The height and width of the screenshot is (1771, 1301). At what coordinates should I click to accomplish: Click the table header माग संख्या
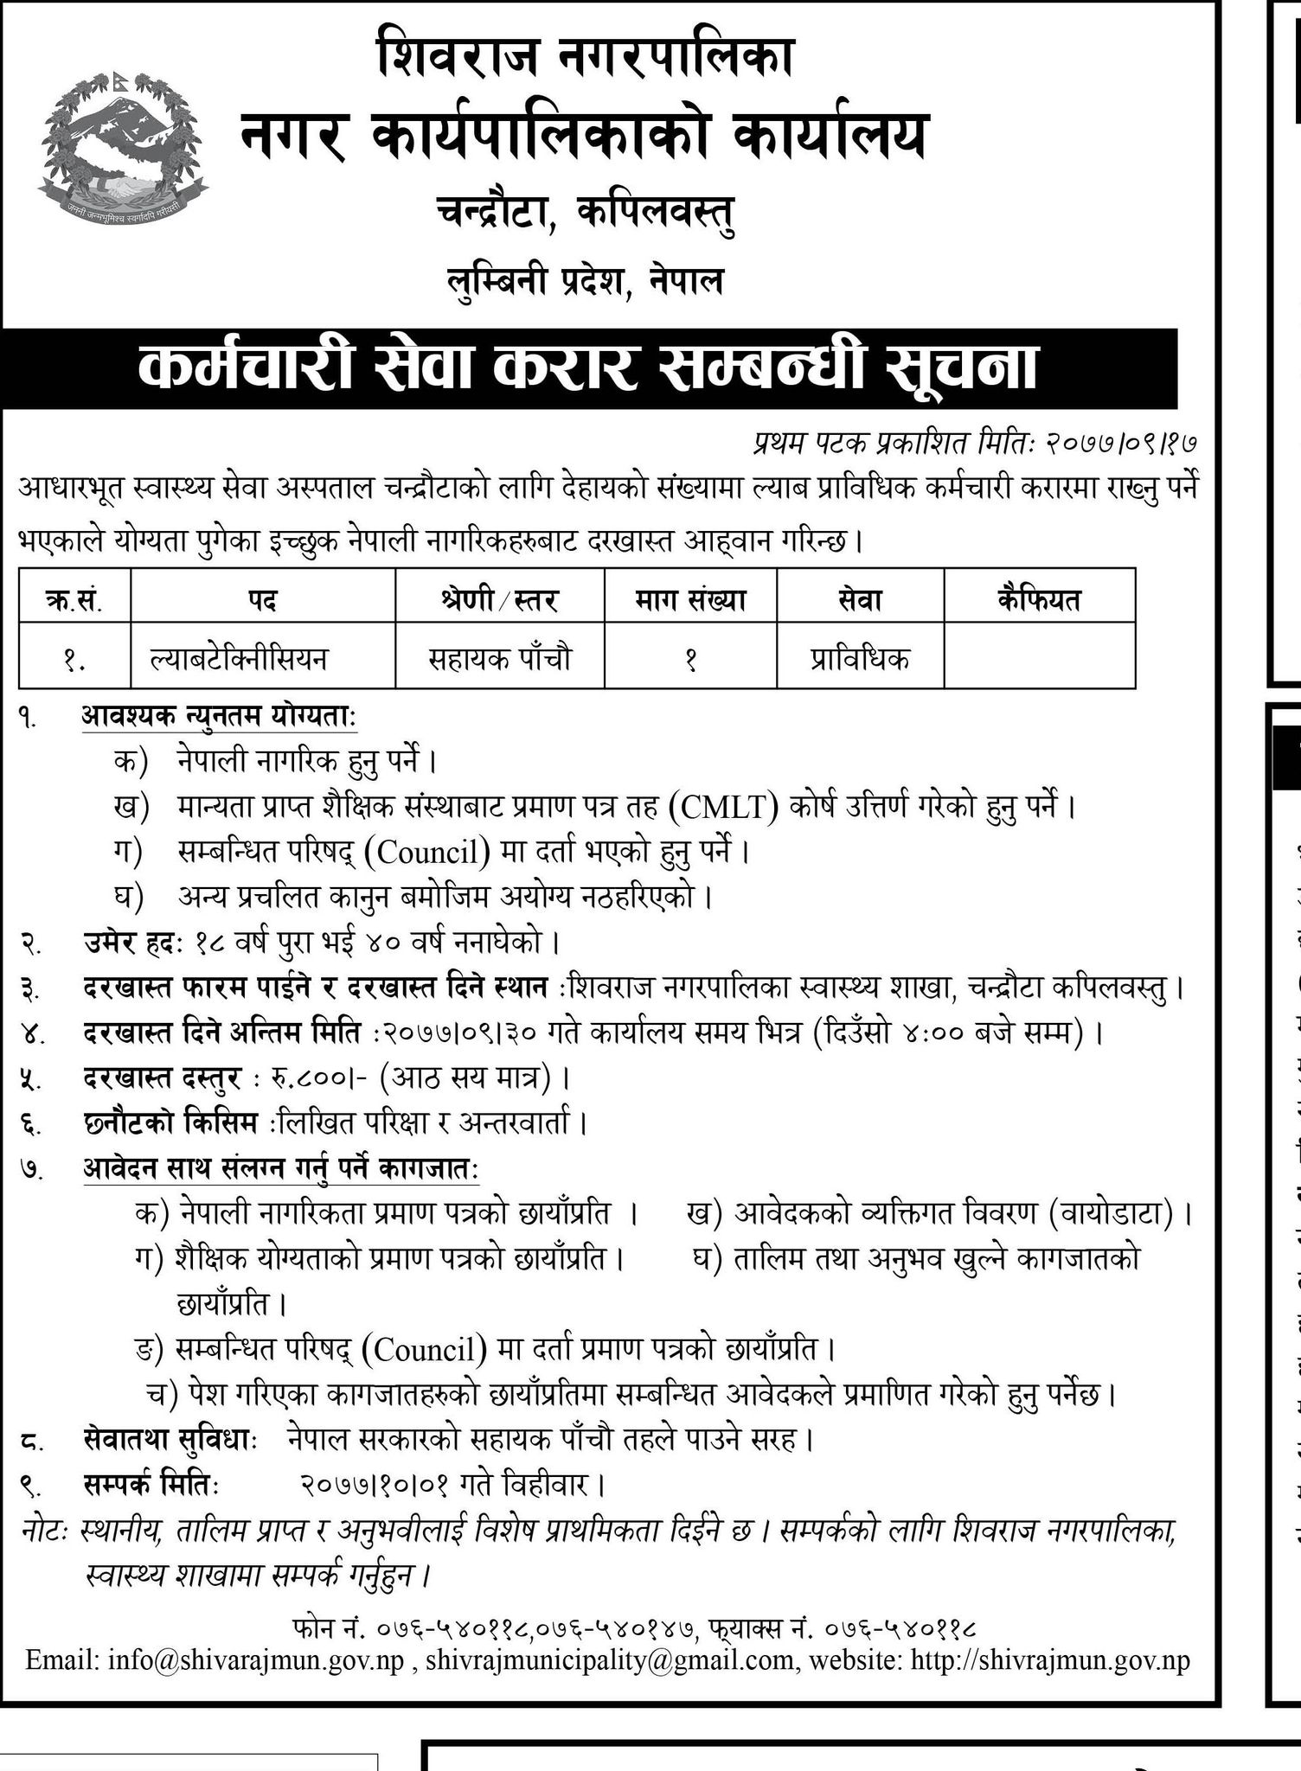[x=689, y=599]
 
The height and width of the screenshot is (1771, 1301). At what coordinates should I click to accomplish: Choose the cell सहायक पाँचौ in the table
[x=499, y=660]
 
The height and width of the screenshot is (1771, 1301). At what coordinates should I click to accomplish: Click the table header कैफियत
[x=1038, y=599]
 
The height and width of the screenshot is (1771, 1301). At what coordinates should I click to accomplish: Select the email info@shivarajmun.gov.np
[x=257, y=1660]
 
